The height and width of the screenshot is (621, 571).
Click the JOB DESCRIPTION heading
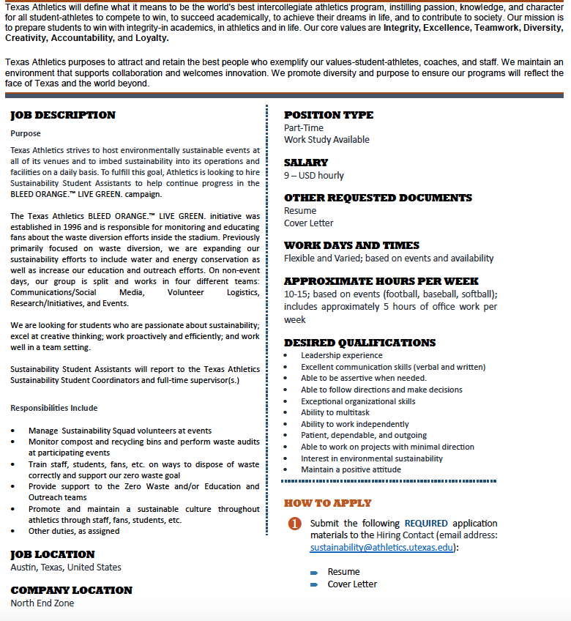[63, 115]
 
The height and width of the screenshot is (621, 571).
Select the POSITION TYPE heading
[329, 115]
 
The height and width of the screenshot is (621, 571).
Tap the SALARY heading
[306, 163]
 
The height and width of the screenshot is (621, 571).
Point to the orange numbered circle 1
[294, 524]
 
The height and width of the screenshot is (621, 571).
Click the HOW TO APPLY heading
[328, 503]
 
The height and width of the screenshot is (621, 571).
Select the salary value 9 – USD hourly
[314, 176]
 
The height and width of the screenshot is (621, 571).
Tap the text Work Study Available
[326, 140]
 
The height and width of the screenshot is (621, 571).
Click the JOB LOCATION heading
[53, 554]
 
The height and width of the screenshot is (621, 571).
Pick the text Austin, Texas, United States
[66, 568]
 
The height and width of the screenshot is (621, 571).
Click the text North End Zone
[42, 603]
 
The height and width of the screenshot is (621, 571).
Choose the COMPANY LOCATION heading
[72, 590]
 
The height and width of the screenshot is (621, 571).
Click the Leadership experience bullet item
[341, 356]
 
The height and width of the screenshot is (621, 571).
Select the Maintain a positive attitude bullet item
[351, 469]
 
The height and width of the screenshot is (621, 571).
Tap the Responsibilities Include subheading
[53, 408]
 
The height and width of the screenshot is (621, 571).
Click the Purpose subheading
[26, 134]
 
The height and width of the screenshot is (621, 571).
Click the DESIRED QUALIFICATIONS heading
[359, 343]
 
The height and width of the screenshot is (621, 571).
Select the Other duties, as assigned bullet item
[74, 532]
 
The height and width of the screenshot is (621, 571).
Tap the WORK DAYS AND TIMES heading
[351, 245]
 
